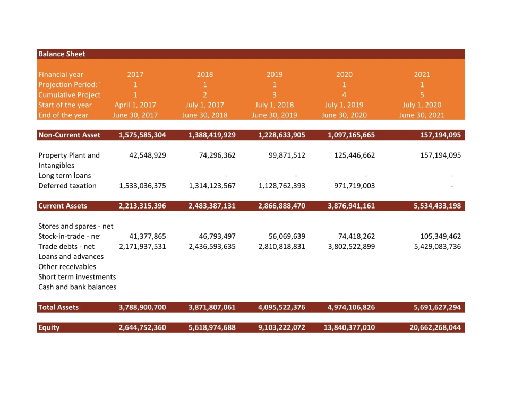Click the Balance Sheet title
click(62, 54)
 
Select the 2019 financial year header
click(275, 75)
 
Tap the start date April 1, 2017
click(135, 105)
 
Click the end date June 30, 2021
click(422, 115)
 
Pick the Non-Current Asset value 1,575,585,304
click(142, 135)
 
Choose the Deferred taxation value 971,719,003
click(352, 186)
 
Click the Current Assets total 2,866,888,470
click(281, 206)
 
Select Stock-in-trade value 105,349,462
click(437, 236)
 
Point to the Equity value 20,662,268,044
click(435, 327)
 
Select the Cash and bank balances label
click(77, 287)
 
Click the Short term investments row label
click(77, 277)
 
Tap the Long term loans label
click(64, 176)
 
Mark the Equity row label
click(49, 327)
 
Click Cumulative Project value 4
click(344, 95)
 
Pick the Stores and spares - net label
click(75, 226)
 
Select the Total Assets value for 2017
click(142, 307)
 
